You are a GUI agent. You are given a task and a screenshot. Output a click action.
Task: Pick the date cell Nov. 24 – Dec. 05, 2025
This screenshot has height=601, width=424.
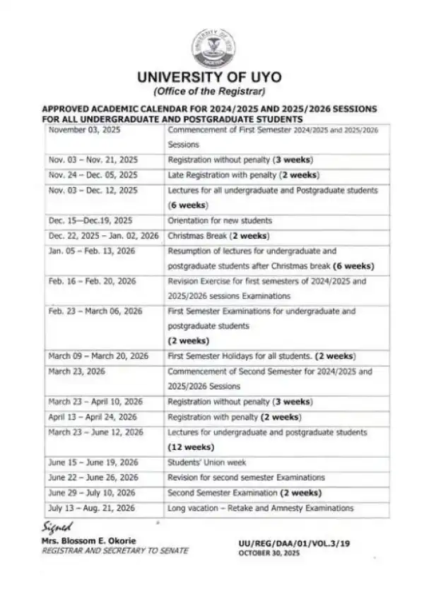(x=93, y=174)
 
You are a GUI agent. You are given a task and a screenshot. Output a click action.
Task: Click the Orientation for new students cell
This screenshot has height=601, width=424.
(x=220, y=220)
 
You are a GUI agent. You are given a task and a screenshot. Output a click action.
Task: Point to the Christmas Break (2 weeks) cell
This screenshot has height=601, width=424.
(x=219, y=236)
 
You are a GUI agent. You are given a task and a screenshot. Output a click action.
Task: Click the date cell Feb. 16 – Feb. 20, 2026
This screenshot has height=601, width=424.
(x=92, y=281)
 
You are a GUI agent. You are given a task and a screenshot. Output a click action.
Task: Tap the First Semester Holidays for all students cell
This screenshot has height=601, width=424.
(x=261, y=355)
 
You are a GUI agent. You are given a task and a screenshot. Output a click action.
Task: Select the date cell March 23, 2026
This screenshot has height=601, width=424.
(x=77, y=371)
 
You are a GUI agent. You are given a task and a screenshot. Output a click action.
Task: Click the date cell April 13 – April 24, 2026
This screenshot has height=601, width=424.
(x=93, y=417)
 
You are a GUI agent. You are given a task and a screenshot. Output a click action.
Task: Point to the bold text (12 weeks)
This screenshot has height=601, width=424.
(x=191, y=447)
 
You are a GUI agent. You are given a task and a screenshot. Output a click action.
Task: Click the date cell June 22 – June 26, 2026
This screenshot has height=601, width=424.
(x=92, y=477)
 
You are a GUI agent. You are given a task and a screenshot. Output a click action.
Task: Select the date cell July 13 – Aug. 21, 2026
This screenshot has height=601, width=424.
(x=92, y=508)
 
